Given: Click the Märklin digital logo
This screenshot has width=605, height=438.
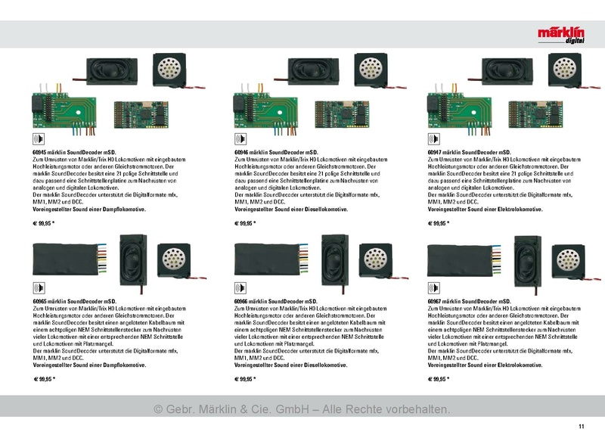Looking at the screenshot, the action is click(x=561, y=35).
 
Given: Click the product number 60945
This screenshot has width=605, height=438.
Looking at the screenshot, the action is click(x=40, y=153).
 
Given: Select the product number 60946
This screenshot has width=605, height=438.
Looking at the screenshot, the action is click(x=241, y=153).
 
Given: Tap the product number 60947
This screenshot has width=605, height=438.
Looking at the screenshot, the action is click(x=434, y=153).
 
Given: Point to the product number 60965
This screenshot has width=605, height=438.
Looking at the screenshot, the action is click(x=40, y=301).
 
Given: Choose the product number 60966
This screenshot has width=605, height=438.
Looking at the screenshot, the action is click(x=241, y=301).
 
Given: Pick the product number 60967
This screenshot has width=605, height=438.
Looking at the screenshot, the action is click(x=434, y=301).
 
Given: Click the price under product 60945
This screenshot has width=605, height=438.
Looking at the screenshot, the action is click(x=44, y=223).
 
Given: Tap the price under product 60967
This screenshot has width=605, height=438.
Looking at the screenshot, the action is click(x=439, y=379).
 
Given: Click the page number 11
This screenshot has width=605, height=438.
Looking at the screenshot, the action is click(x=582, y=427).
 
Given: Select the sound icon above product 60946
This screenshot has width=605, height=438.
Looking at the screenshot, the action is click(x=240, y=139).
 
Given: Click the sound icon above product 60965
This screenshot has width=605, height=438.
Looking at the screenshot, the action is click(x=39, y=288).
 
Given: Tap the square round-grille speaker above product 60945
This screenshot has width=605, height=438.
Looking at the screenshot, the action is click(x=169, y=70).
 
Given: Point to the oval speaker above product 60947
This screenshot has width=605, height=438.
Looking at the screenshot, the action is click(x=507, y=71).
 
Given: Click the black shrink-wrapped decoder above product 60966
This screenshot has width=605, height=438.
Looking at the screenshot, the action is click(x=268, y=259).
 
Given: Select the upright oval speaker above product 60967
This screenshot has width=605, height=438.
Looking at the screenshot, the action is click(x=527, y=260).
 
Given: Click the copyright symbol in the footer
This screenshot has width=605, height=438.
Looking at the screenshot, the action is click(x=158, y=409).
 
